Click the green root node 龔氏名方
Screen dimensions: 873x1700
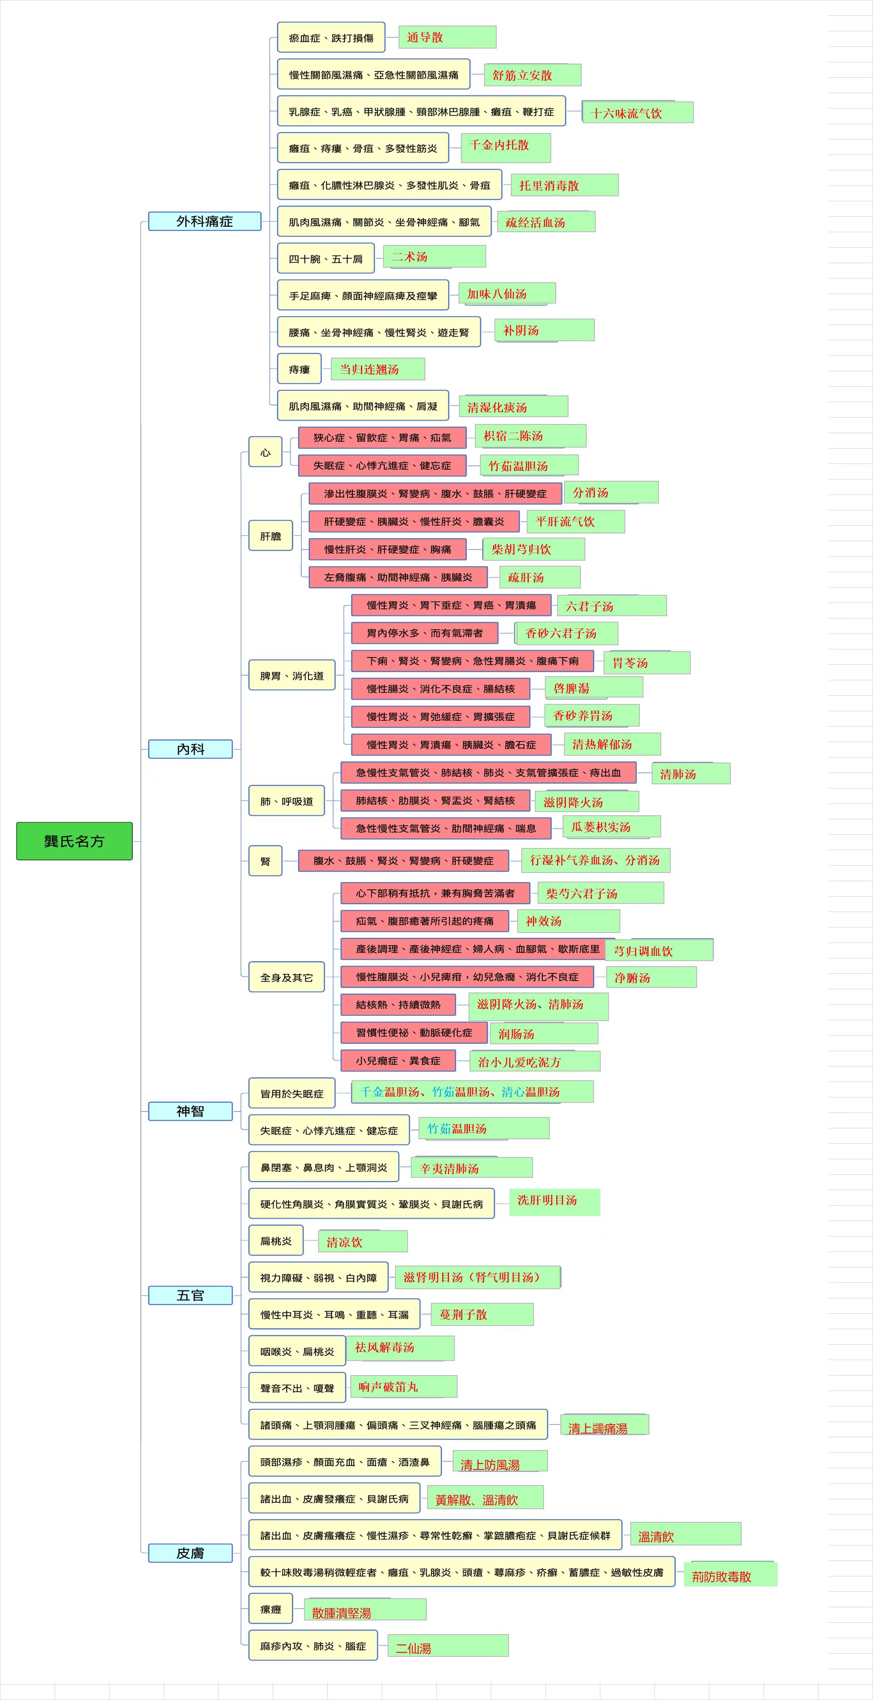[x=74, y=841]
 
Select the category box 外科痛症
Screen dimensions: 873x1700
[x=205, y=221]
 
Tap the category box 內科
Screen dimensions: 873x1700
[x=190, y=749]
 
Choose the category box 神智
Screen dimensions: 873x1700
[x=190, y=1112]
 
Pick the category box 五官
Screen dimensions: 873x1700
[x=190, y=1296]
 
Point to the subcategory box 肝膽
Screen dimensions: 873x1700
[x=270, y=536]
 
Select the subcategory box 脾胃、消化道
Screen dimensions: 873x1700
[x=292, y=675]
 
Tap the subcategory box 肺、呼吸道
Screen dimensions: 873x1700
[x=286, y=801]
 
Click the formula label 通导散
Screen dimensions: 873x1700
[x=447, y=37]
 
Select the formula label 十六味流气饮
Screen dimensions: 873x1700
[x=638, y=112]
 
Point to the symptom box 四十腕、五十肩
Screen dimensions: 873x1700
[x=326, y=258]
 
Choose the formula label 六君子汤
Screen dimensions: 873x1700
[x=612, y=606]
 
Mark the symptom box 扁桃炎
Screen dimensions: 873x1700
[x=276, y=1241]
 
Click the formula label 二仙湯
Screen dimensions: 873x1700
[x=448, y=1646]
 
